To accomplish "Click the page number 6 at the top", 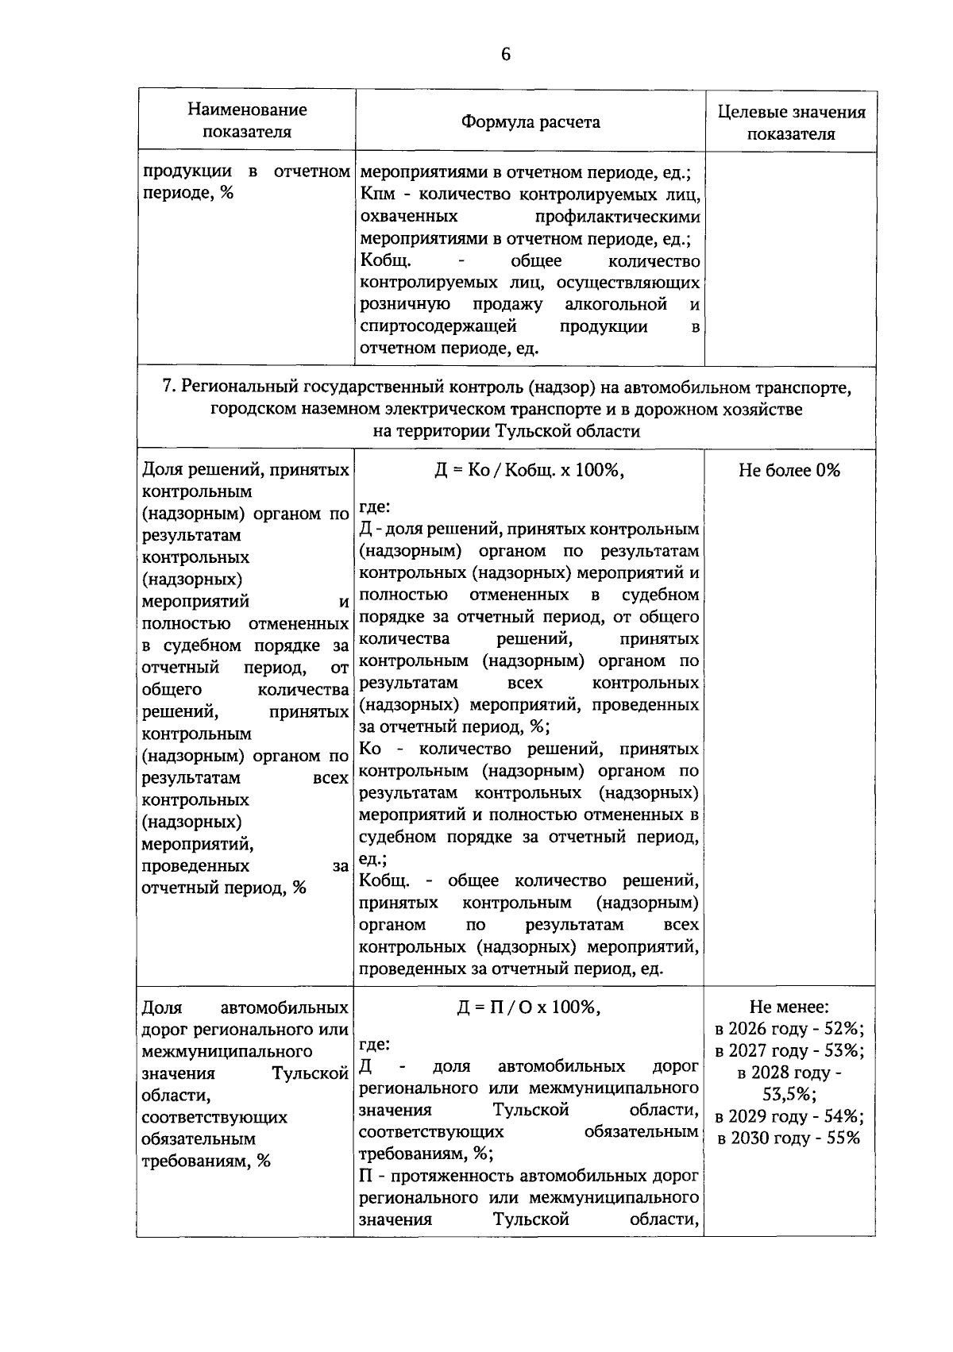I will pos(505,54).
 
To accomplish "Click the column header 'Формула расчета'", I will pos(531,121).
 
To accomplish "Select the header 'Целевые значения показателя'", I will pos(791,122).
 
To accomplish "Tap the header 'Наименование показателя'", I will pos(247,121).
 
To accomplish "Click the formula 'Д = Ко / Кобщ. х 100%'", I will pos(529,470).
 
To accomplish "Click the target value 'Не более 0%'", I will pos(789,470).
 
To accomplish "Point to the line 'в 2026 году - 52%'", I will pos(789,1029).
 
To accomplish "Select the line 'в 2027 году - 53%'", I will pos(789,1050).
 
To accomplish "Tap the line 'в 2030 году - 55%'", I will pos(789,1138).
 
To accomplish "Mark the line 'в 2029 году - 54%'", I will pos(789,1116).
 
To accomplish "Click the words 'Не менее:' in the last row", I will pos(789,1007).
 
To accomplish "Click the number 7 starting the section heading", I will pos(167,387).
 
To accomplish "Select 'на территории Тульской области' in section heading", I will pos(507,431).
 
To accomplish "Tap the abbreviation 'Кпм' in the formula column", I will pos(376,194).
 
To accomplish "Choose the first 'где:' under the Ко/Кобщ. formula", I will pos(375,507).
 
